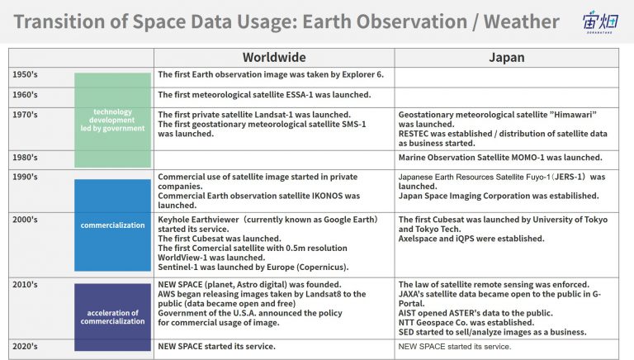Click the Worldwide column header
pos(274,58)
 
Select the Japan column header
pos(507,58)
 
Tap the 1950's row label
pos(25,74)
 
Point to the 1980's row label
pos(25,158)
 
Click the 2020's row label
pos(25,346)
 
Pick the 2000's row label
pos(25,220)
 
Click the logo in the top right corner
pos(600,21)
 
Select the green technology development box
pos(112,120)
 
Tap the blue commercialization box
pos(112,225)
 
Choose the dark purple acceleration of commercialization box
pos(112,317)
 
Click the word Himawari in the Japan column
pos(573,115)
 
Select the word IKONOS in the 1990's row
pos(327,196)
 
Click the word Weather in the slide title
pos(522,21)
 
